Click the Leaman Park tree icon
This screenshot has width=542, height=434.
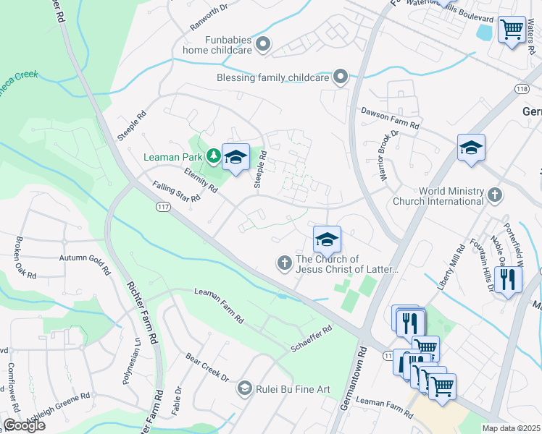[213, 155]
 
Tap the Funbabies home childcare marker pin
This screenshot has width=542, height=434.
[263, 45]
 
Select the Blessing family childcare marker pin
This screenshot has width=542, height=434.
[340, 77]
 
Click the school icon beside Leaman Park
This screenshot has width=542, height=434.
[235, 157]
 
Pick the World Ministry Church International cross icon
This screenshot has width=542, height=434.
[494, 195]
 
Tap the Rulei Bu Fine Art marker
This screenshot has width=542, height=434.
[245, 389]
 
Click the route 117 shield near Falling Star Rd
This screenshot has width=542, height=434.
[162, 207]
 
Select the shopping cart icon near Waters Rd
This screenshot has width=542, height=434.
[512, 30]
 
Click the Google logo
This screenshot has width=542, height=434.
[24, 425]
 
